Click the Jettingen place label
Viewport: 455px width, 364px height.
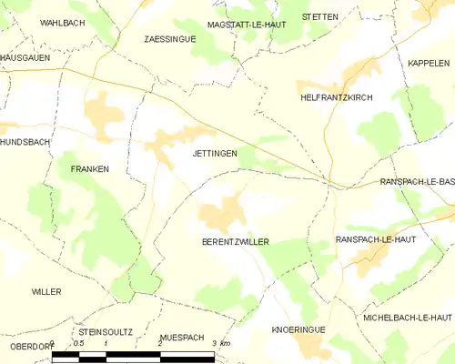coord(215,155)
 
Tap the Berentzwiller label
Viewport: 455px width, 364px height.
coord(235,242)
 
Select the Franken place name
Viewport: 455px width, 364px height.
coord(90,169)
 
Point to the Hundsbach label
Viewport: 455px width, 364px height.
coord(25,143)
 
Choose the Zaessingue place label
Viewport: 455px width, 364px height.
coord(169,39)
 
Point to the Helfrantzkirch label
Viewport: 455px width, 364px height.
coord(336,96)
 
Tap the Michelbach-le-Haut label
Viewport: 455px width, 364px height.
coord(407,317)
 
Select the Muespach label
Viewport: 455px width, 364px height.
coord(181,337)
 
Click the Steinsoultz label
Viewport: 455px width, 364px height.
coord(106,333)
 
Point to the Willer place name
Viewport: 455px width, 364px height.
coord(45,291)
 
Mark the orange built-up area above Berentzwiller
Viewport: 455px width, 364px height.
coord(224,213)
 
